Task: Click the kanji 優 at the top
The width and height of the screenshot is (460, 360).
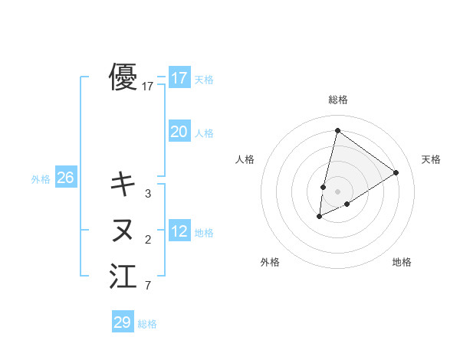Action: click(123, 77)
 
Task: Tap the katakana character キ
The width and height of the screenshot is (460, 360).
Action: click(123, 184)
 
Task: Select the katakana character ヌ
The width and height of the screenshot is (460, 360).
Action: click(123, 230)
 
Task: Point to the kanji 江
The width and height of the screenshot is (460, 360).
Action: click(123, 277)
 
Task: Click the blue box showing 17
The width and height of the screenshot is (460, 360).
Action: click(179, 78)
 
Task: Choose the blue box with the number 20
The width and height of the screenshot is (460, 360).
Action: click(179, 132)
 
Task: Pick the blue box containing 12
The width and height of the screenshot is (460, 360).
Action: click(179, 231)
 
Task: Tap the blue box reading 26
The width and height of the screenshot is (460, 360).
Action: click(65, 178)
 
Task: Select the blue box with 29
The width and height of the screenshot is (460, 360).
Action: click(123, 322)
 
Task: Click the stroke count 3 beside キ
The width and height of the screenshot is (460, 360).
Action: click(148, 194)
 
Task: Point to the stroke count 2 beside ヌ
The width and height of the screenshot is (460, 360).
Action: click(148, 241)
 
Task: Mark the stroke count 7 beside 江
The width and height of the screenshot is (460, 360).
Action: click(148, 287)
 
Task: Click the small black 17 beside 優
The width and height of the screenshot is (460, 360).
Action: click(148, 87)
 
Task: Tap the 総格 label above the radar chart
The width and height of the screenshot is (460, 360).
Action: click(338, 100)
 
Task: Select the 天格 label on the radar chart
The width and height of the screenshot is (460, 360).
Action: click(431, 159)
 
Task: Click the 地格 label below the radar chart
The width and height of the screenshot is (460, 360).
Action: click(402, 262)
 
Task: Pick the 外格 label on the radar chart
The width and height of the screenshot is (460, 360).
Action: click(270, 262)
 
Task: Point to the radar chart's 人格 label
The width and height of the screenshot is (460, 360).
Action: click(245, 159)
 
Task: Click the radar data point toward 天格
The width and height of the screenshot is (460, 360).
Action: click(396, 172)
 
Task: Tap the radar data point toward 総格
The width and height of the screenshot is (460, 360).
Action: click(337, 130)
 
